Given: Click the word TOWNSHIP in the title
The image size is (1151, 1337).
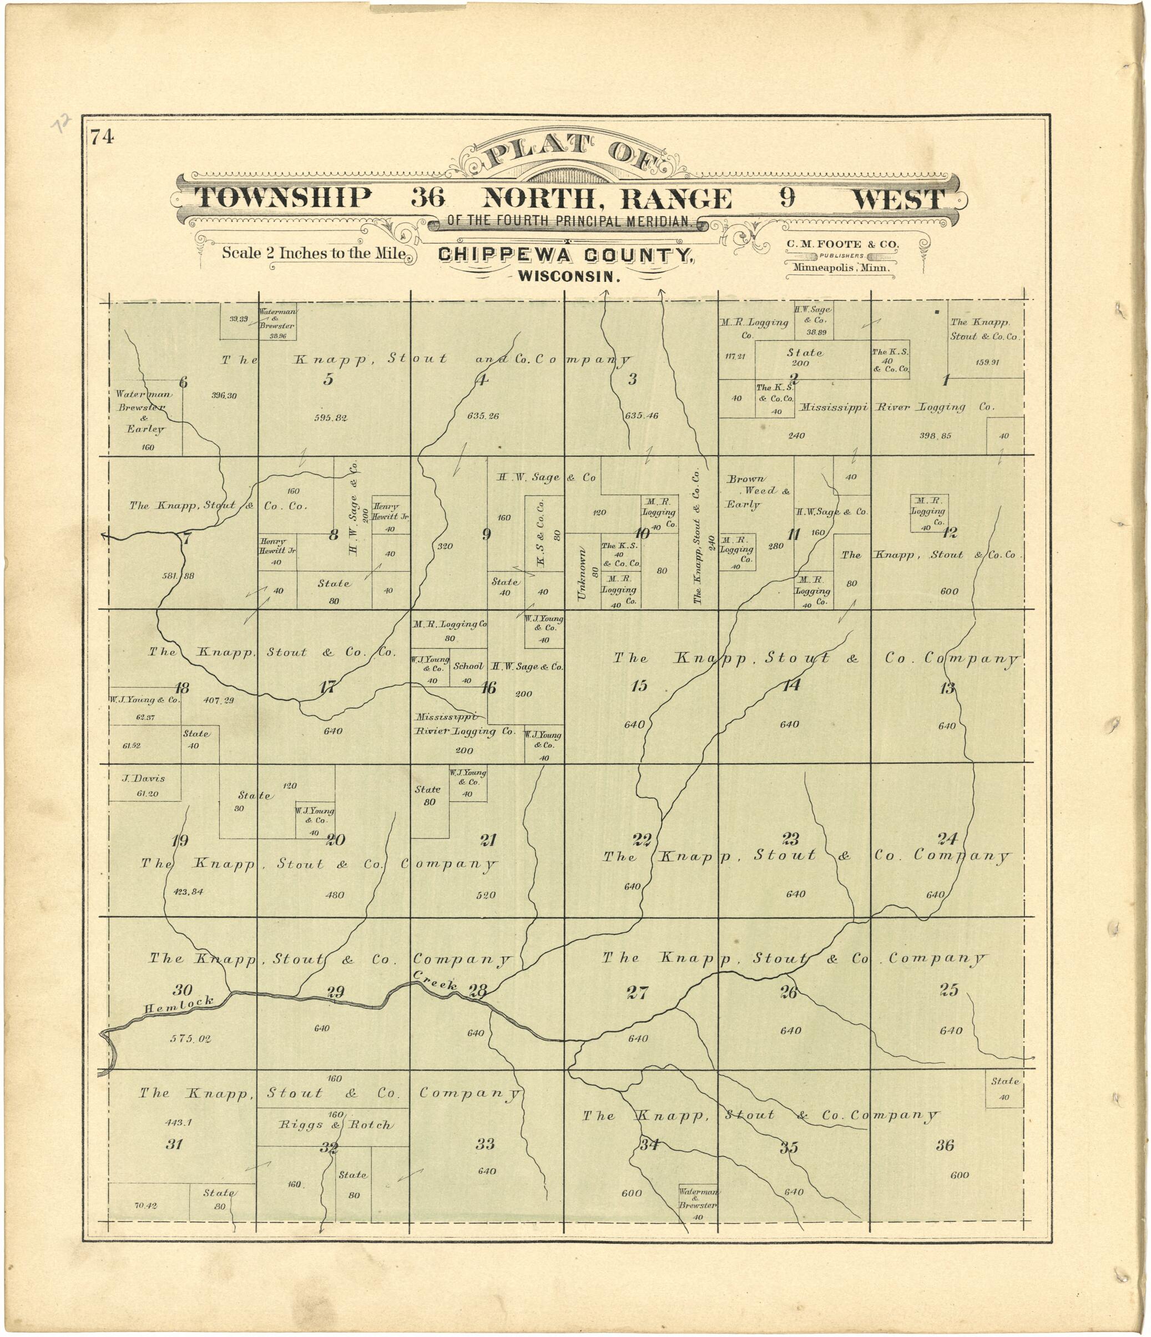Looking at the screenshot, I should click(283, 198).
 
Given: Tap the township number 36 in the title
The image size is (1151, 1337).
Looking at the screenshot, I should click(428, 198).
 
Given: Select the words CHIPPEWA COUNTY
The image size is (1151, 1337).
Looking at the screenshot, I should click(566, 255).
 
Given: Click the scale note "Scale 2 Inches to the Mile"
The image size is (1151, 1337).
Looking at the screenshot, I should click(314, 253).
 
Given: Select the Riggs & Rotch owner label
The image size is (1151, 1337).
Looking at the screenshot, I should click(334, 1124).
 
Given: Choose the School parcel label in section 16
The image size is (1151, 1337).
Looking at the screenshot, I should click(468, 666).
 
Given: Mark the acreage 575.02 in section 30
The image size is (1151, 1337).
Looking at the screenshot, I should click(190, 1038).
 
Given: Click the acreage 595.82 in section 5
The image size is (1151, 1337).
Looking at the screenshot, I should click(330, 417).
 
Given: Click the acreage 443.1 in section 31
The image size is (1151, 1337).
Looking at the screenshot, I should click(179, 1122).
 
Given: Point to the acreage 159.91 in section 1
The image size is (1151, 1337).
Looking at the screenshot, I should click(987, 362).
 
